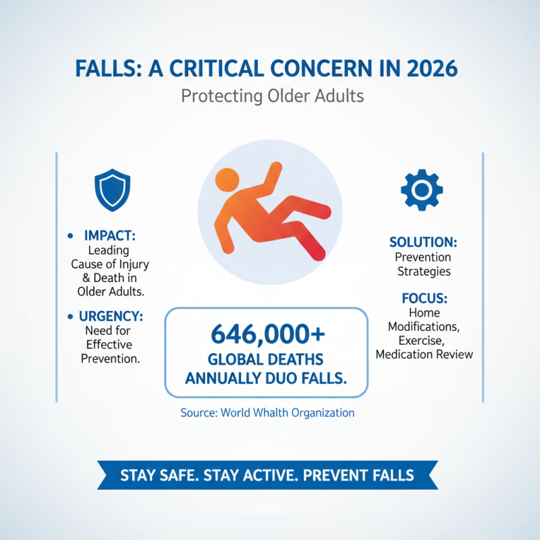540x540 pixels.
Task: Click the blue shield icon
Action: (x=112, y=191)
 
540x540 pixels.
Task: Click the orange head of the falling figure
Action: (x=225, y=182)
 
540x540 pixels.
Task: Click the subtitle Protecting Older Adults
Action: (x=272, y=97)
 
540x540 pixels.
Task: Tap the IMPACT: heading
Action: (x=110, y=236)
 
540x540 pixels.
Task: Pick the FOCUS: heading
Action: (x=424, y=298)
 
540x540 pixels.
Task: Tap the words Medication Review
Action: (x=424, y=354)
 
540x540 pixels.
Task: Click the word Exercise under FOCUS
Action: (x=423, y=340)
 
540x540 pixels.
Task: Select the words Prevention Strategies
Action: (x=423, y=265)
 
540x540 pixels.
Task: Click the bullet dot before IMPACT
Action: (x=72, y=236)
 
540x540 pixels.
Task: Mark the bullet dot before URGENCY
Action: (x=72, y=316)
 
